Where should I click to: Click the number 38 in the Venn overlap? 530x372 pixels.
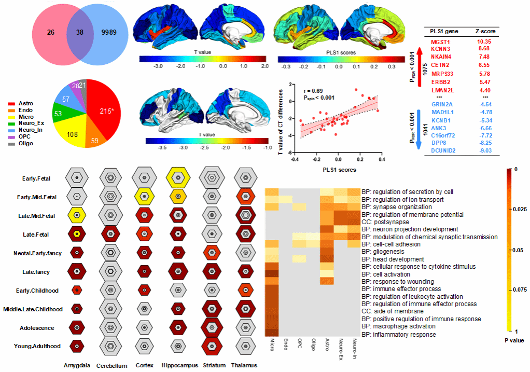click(80, 32)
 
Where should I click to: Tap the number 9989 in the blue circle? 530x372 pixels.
click(109, 32)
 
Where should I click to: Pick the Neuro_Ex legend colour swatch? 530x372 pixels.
click(12, 123)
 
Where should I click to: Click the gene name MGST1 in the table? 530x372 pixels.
click(440, 42)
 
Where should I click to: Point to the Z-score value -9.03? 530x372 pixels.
click(485, 150)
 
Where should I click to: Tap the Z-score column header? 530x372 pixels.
click(485, 31)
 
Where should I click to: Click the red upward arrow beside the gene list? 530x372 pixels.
click(420, 66)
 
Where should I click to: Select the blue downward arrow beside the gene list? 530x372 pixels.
click(419, 129)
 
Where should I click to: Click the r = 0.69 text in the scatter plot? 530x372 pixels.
click(313, 91)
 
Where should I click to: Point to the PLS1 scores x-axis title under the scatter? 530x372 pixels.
click(339, 170)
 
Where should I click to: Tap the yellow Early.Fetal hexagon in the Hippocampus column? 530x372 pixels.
click(178, 177)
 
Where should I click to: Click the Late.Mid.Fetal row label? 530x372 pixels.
click(36, 216)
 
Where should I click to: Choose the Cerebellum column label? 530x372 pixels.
click(112, 366)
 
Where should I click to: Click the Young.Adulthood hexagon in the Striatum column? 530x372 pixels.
click(212, 346)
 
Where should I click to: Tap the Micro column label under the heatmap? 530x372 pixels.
click(272, 345)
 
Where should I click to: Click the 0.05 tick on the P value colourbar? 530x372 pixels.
click(518, 250)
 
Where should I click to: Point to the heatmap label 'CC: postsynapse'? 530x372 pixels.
click(385, 222)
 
